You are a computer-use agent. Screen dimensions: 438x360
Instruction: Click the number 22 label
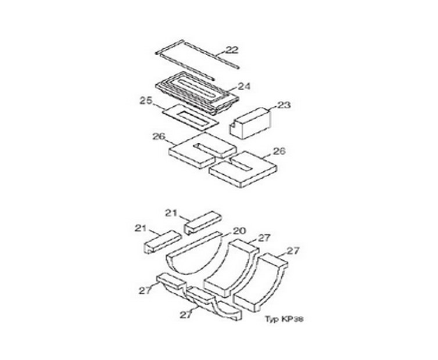232,50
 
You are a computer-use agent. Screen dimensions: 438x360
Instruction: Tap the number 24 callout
244,87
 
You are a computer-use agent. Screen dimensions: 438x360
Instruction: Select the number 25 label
146,100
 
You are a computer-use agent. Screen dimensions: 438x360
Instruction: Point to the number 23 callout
284,105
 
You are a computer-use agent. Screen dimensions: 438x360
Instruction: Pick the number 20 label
240,231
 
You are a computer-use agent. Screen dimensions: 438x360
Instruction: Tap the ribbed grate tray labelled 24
198,93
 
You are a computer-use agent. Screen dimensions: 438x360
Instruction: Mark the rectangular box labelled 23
250,123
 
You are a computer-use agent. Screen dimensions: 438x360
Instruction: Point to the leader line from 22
218,55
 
